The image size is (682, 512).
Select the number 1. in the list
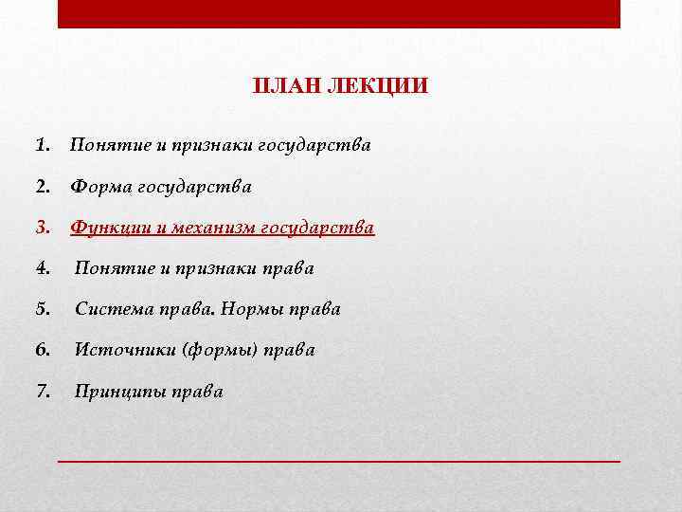pyautogui.click(x=42, y=146)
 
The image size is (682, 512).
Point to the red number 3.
pyautogui.click(x=42, y=229)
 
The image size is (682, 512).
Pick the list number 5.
pyautogui.click(x=42, y=309)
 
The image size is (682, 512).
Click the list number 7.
pyautogui.click(x=42, y=391)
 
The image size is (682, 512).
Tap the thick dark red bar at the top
pyautogui.click(x=339, y=14)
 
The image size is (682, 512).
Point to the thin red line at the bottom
pyautogui.click(x=339, y=460)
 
